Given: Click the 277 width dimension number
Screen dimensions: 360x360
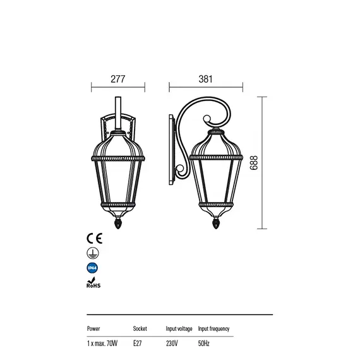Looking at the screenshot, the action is click(117, 79).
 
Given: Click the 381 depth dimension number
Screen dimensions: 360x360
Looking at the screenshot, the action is click(205, 79).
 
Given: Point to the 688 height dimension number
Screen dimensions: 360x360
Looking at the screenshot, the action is click(254, 163).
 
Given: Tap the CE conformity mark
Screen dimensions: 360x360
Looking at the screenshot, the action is click(94, 238).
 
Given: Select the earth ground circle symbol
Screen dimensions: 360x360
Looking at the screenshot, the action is click(93, 253).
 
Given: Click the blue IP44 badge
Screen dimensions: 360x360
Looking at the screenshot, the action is click(92, 268).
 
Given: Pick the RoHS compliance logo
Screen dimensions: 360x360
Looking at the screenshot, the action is click(93, 282).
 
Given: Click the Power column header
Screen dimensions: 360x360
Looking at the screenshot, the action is click(93, 329).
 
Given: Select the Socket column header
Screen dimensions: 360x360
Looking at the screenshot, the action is click(140, 329).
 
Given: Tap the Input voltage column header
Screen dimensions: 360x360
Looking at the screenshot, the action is click(179, 329).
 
